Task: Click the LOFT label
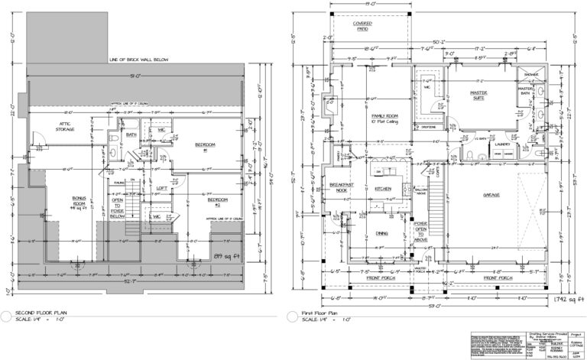pyautogui.click(x=162, y=188)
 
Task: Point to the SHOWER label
pyautogui.click(x=530, y=74)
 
